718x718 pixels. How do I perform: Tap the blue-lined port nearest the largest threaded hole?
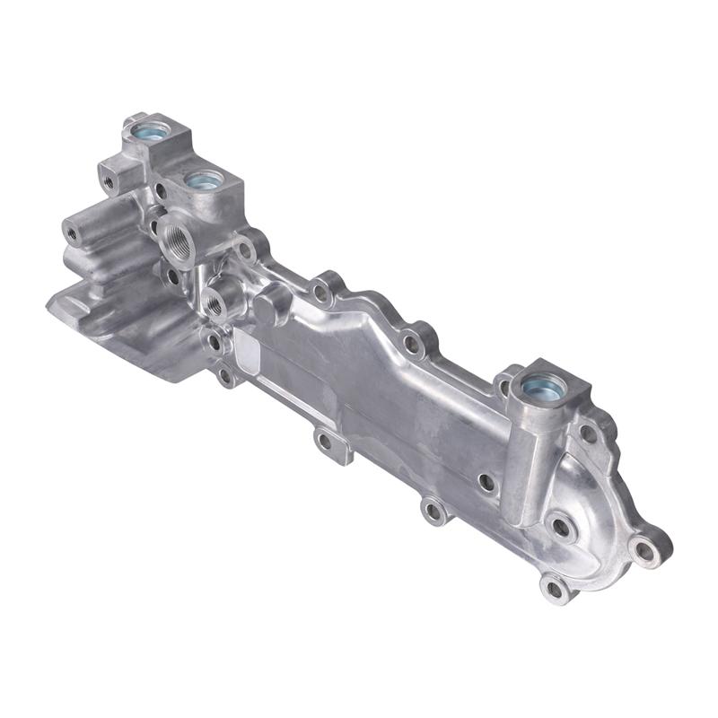205,179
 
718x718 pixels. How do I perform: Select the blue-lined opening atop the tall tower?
544,388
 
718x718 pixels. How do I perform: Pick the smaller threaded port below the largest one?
215,306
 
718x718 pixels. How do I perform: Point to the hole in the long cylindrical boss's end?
73,232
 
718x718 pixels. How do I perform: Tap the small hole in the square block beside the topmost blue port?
109,182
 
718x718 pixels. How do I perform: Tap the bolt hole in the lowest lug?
554,589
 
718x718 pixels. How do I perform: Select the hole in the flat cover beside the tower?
486,482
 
